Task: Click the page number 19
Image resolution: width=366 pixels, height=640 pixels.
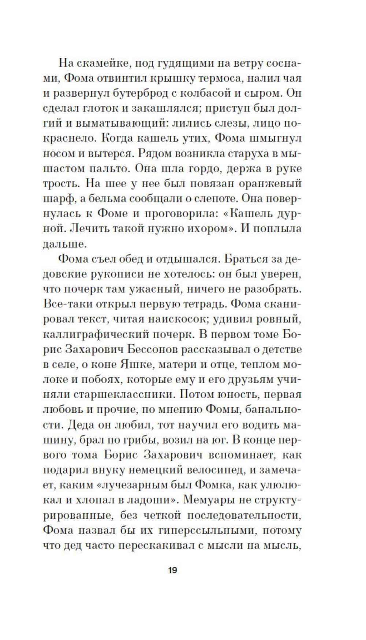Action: [172, 570]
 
